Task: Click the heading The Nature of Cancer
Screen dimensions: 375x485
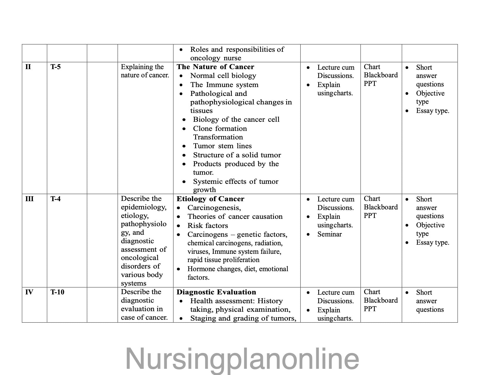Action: (x=215, y=67)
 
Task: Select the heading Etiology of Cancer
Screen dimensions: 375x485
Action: (x=210, y=199)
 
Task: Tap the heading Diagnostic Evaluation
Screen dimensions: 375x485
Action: (x=216, y=292)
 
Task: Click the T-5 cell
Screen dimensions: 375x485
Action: (x=56, y=67)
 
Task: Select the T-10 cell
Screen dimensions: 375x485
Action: (x=57, y=292)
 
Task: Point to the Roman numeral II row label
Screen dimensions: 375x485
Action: (x=28, y=67)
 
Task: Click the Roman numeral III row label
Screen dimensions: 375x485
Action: (x=29, y=199)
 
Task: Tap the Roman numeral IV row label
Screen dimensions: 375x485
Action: (x=29, y=292)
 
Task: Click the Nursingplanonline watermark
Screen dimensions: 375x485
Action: (x=242, y=359)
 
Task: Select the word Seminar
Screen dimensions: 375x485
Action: (x=330, y=234)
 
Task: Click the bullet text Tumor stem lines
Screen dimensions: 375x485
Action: (x=222, y=146)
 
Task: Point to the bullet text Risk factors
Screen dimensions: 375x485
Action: (x=208, y=226)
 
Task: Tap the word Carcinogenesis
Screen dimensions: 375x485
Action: (x=214, y=208)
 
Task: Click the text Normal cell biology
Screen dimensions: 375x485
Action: (x=223, y=76)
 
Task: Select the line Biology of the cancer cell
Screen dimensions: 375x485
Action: (x=236, y=119)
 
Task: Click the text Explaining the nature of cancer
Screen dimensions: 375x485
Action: (x=145, y=71)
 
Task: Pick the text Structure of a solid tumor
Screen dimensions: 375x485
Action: (x=237, y=155)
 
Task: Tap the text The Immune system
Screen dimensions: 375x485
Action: (x=224, y=85)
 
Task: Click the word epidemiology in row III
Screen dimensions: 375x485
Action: (x=143, y=207)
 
